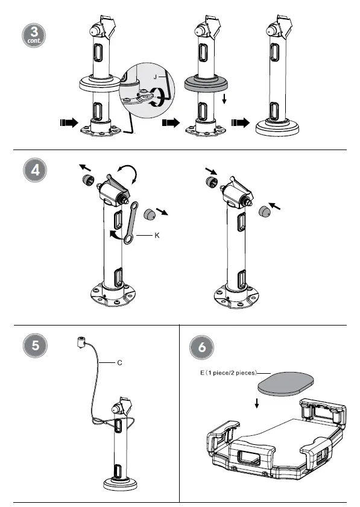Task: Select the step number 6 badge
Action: click(201, 347)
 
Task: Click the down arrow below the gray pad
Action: click(257, 403)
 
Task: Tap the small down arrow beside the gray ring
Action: click(224, 99)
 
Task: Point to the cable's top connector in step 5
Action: click(80, 342)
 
